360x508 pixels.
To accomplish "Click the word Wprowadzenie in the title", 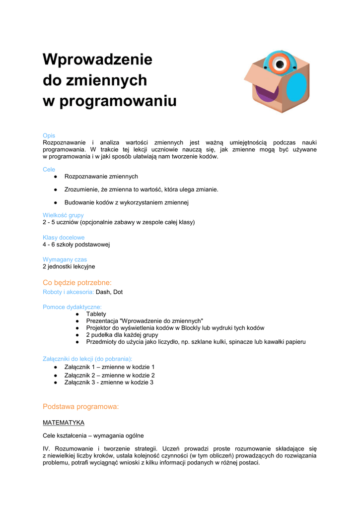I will [97, 60].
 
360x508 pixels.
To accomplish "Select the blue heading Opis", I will [49, 135].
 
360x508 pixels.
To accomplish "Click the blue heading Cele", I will [49, 170].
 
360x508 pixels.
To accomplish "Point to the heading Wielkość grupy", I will [63, 215].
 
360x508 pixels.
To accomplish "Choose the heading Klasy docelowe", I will [64, 238].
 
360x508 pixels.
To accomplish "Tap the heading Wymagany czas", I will [65, 259].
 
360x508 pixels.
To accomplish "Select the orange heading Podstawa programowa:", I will [81, 407].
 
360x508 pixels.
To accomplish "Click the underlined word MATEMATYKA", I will [64, 423].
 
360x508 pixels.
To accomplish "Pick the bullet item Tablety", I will [96, 314].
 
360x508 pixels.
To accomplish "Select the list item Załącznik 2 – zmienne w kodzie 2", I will [110, 376].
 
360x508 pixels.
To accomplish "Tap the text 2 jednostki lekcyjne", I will [69, 266].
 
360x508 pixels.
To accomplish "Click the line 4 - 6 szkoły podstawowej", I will [76, 245].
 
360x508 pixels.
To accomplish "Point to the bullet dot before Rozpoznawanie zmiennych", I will [57, 177].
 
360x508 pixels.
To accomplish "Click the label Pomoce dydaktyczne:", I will [72, 307].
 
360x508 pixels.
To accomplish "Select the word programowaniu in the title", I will [118, 101].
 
